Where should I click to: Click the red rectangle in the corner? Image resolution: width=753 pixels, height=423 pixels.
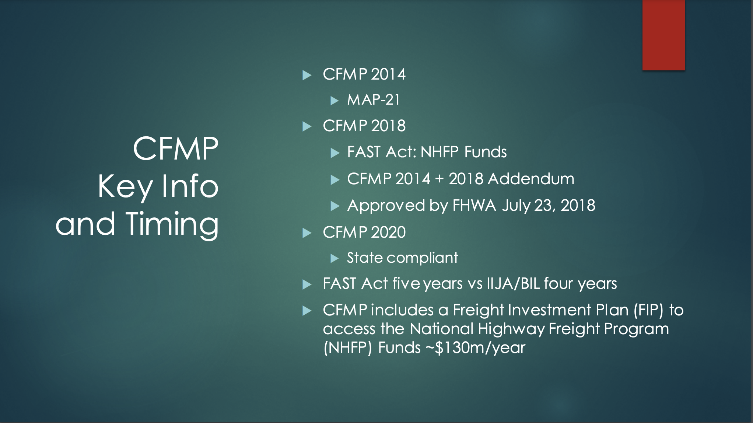[663, 35]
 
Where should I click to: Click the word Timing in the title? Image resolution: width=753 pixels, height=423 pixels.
[172, 224]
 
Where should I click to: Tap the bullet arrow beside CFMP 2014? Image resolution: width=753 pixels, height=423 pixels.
[307, 75]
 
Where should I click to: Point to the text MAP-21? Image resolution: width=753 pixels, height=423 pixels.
[374, 100]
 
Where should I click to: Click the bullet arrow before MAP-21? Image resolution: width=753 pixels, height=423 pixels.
[335, 101]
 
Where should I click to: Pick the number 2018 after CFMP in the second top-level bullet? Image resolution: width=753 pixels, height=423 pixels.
[388, 126]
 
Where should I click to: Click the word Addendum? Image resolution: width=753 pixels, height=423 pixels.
[531, 179]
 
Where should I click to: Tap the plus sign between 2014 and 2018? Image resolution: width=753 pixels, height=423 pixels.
[439, 179]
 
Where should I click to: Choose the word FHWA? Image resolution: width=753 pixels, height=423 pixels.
[474, 205]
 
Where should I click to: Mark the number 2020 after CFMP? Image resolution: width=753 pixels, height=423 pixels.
[388, 233]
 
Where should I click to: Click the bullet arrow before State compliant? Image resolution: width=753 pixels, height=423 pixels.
[335, 258]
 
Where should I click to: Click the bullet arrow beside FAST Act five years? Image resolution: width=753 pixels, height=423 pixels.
[307, 284]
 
